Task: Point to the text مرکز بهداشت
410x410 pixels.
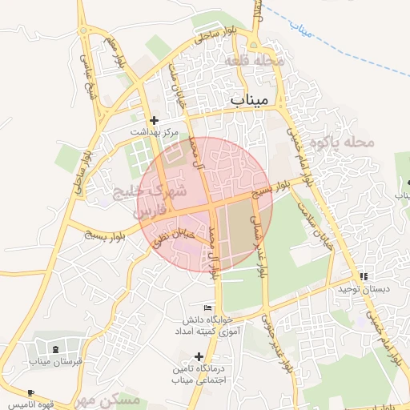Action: click(155, 132)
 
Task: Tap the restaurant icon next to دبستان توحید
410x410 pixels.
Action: click(366, 276)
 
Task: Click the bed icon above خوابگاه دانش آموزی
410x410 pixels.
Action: click(208, 307)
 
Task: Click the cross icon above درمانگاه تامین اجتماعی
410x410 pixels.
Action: click(199, 356)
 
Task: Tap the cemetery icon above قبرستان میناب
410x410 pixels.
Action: click(54, 349)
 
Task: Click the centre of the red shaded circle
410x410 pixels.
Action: click(205, 205)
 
